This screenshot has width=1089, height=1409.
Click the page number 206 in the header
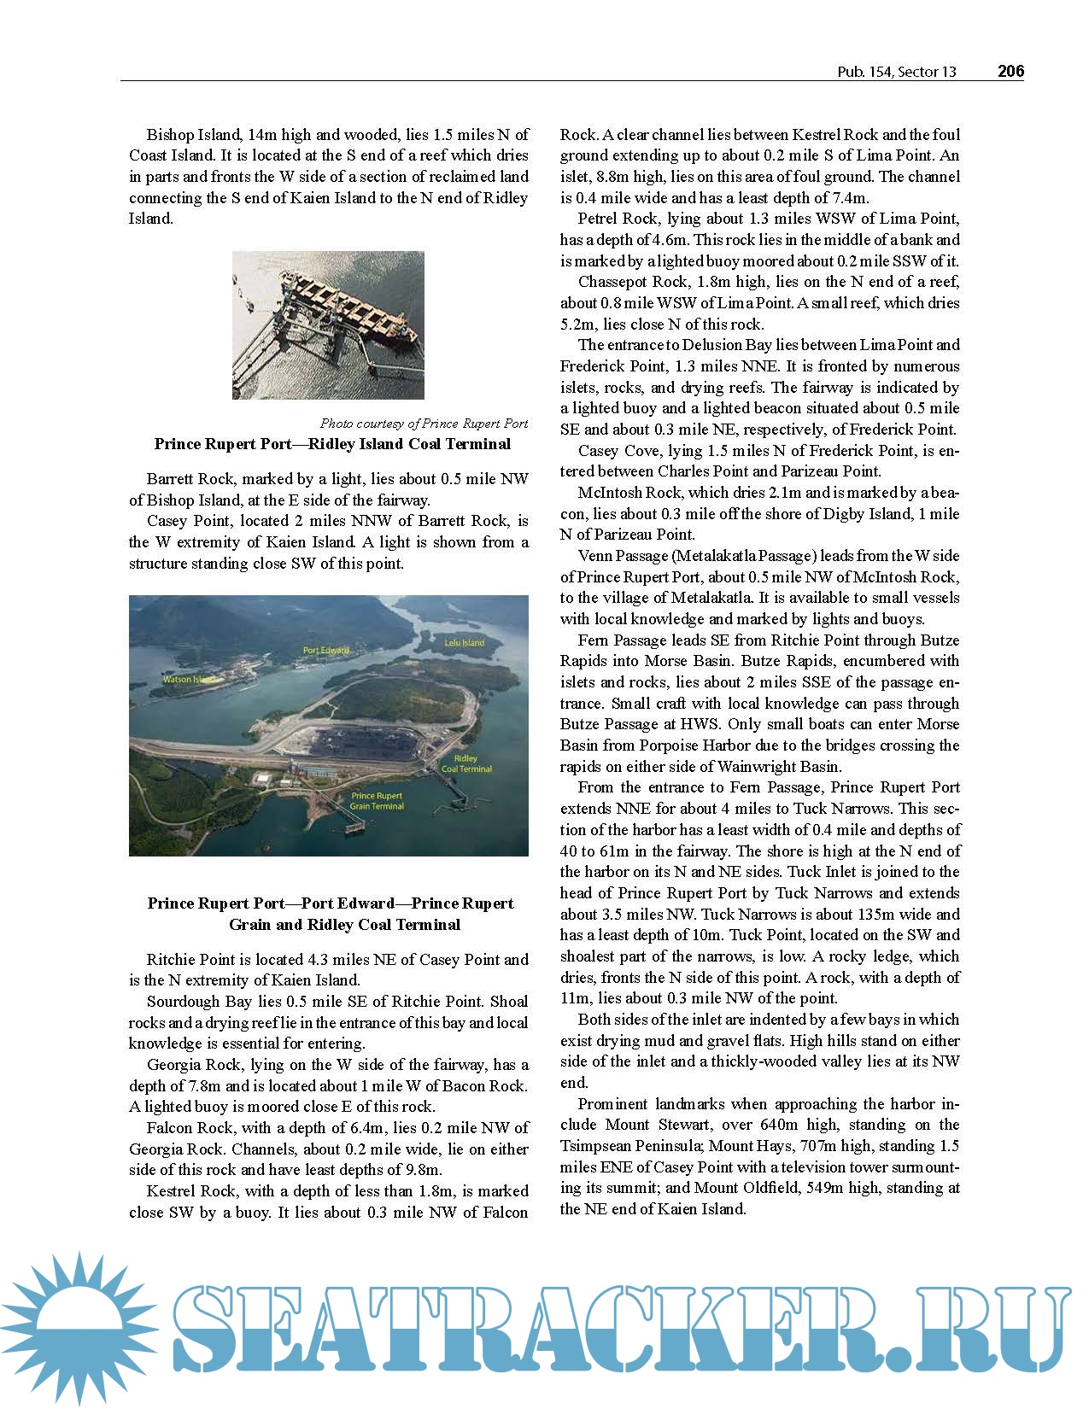pos(1010,72)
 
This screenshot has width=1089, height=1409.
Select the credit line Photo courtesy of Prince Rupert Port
pos(424,424)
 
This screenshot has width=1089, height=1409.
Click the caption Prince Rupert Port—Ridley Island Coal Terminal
pos(332,444)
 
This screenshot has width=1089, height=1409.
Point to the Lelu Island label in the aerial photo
pos(464,642)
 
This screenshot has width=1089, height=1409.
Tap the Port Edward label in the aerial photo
pos(326,650)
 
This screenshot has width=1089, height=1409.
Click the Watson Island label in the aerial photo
pos(188,680)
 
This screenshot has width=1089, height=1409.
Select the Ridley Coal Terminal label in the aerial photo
pos(466,763)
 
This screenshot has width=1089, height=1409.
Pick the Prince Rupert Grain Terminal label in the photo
pos(377,801)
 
